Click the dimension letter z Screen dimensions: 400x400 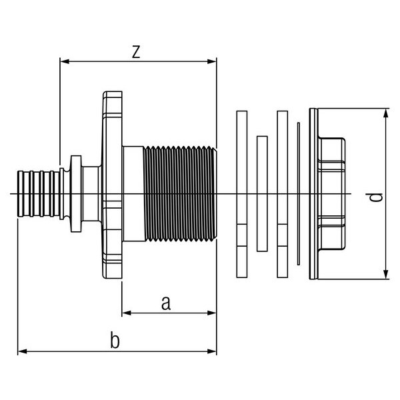pos(135,52)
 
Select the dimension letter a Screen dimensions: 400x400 pos(167,303)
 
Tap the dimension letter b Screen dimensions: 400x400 pos(115,341)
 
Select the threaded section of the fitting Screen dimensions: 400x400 pos(180,194)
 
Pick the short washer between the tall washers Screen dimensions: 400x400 pos(261,193)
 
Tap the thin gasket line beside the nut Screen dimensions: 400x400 pos(299,193)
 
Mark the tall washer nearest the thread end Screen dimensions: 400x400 pos(241,193)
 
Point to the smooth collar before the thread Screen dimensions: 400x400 pos(132,194)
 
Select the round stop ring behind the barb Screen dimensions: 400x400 pos(74,194)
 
